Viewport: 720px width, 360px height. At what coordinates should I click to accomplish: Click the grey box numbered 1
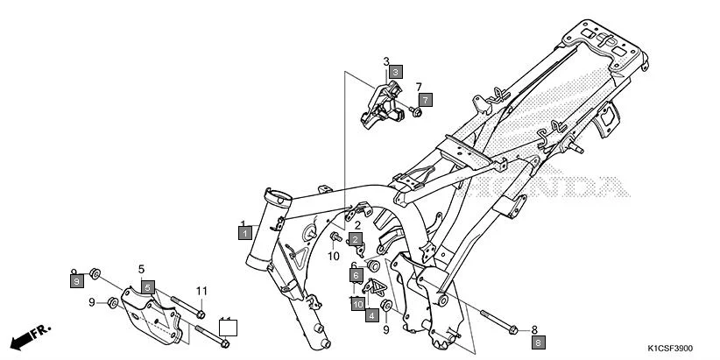coord(246,233)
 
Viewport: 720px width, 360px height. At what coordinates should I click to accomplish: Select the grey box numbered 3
coord(396,71)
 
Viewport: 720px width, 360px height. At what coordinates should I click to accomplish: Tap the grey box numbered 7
coord(424,100)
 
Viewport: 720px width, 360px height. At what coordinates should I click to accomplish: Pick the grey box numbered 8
coord(539,342)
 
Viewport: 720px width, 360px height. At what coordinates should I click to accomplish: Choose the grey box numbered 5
coord(148,286)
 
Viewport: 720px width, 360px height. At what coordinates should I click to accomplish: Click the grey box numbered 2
coord(356,239)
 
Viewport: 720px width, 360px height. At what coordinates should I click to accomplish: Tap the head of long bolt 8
coord(512,328)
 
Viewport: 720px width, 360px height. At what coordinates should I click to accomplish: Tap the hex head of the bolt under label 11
coord(201,314)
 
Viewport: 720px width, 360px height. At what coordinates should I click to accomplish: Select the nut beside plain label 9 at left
coord(112,303)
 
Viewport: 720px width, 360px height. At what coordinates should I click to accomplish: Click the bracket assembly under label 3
coord(381,103)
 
